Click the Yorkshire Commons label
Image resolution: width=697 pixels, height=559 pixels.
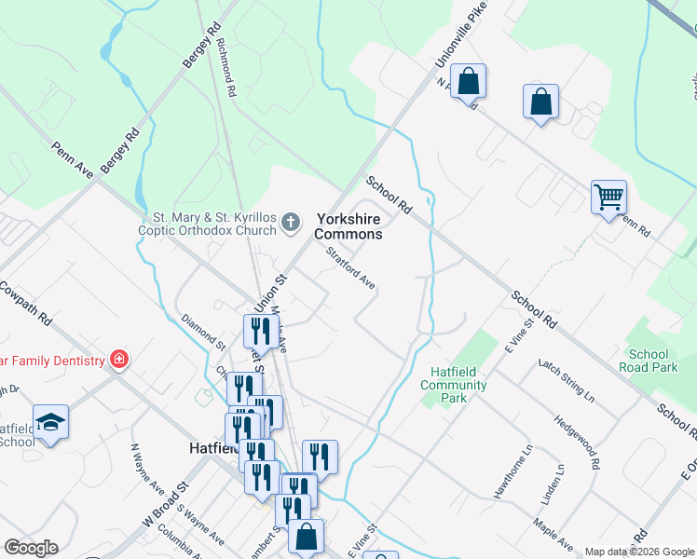348,226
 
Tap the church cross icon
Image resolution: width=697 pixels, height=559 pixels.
291,222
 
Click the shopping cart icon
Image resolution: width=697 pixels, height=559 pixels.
608,197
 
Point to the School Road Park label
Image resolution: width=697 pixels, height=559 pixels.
649,361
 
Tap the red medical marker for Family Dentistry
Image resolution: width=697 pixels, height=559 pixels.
118,359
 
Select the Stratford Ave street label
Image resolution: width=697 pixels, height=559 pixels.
350,267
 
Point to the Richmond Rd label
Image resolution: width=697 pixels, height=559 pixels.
225,57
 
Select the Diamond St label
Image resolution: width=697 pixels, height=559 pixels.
202,331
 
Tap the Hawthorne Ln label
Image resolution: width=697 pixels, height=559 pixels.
512,474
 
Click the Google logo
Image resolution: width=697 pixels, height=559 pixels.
31,548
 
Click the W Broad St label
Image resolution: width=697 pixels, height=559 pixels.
166,502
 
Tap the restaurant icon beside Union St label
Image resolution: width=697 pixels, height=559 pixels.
259,331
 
